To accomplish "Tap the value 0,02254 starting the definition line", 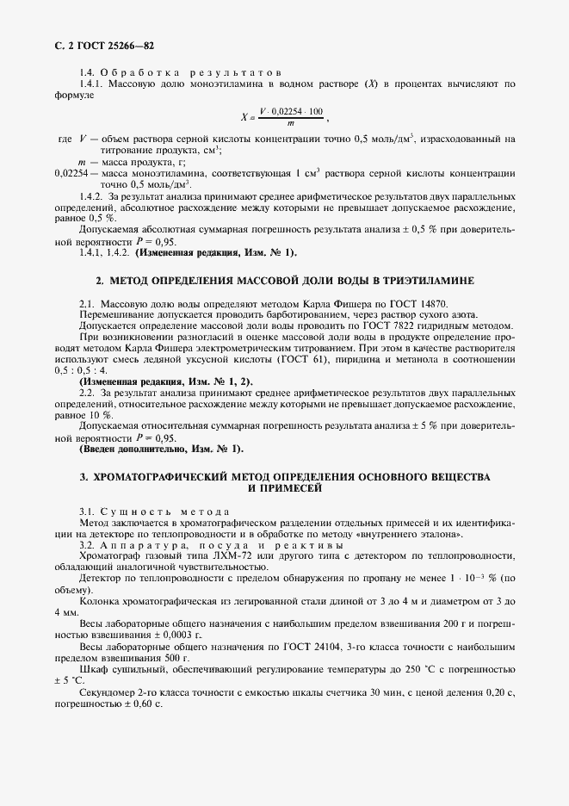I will [71, 173].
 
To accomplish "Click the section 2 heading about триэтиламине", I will [284, 281].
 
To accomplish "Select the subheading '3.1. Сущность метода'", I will [142, 512].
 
